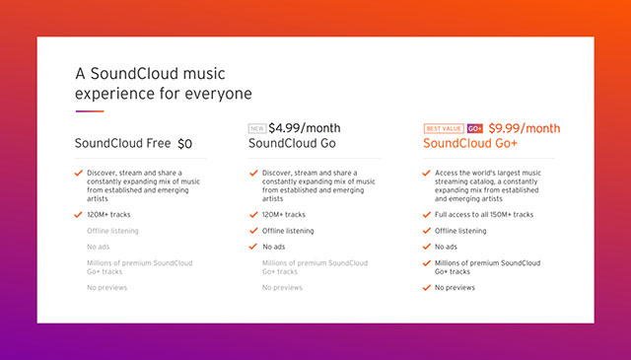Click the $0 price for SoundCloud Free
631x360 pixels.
184,144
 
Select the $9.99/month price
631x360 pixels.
524,127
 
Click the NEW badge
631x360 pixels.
256,128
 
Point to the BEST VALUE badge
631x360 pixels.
443,128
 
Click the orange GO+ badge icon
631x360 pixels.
474,128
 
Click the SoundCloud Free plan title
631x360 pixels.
122,144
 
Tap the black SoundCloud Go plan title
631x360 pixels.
293,144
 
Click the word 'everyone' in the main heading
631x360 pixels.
219,94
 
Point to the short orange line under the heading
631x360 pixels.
90,111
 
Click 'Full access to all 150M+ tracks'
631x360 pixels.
484,214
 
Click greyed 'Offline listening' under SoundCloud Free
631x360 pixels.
112,230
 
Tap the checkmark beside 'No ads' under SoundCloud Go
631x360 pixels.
252,246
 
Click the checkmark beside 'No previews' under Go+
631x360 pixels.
426,287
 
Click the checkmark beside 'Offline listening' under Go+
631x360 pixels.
426,230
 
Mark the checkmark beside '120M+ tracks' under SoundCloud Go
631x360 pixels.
252,214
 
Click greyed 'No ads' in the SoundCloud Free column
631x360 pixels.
99,246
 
